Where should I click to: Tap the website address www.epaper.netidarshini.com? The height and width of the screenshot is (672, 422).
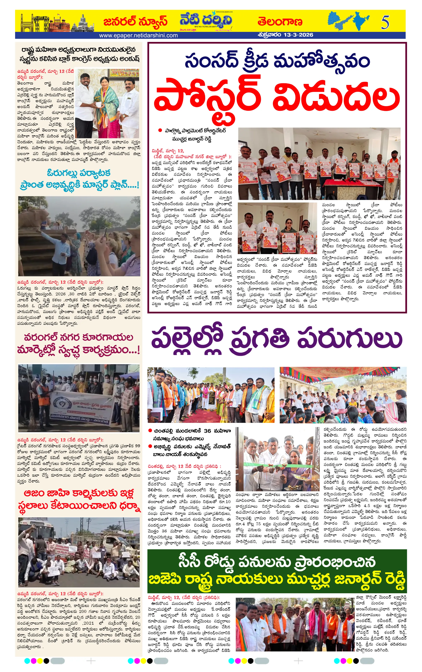[138, 35]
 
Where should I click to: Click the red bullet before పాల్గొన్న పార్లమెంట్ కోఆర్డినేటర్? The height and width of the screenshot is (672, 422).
[160, 130]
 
